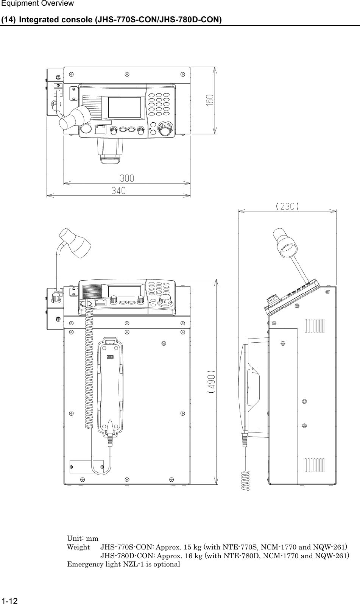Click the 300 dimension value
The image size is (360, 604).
pos(127,178)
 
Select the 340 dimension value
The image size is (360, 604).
pos(118,191)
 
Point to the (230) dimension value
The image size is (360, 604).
pos(288,206)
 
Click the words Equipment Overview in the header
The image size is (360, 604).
pos(32,4)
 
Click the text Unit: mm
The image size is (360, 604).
pos(83,538)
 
